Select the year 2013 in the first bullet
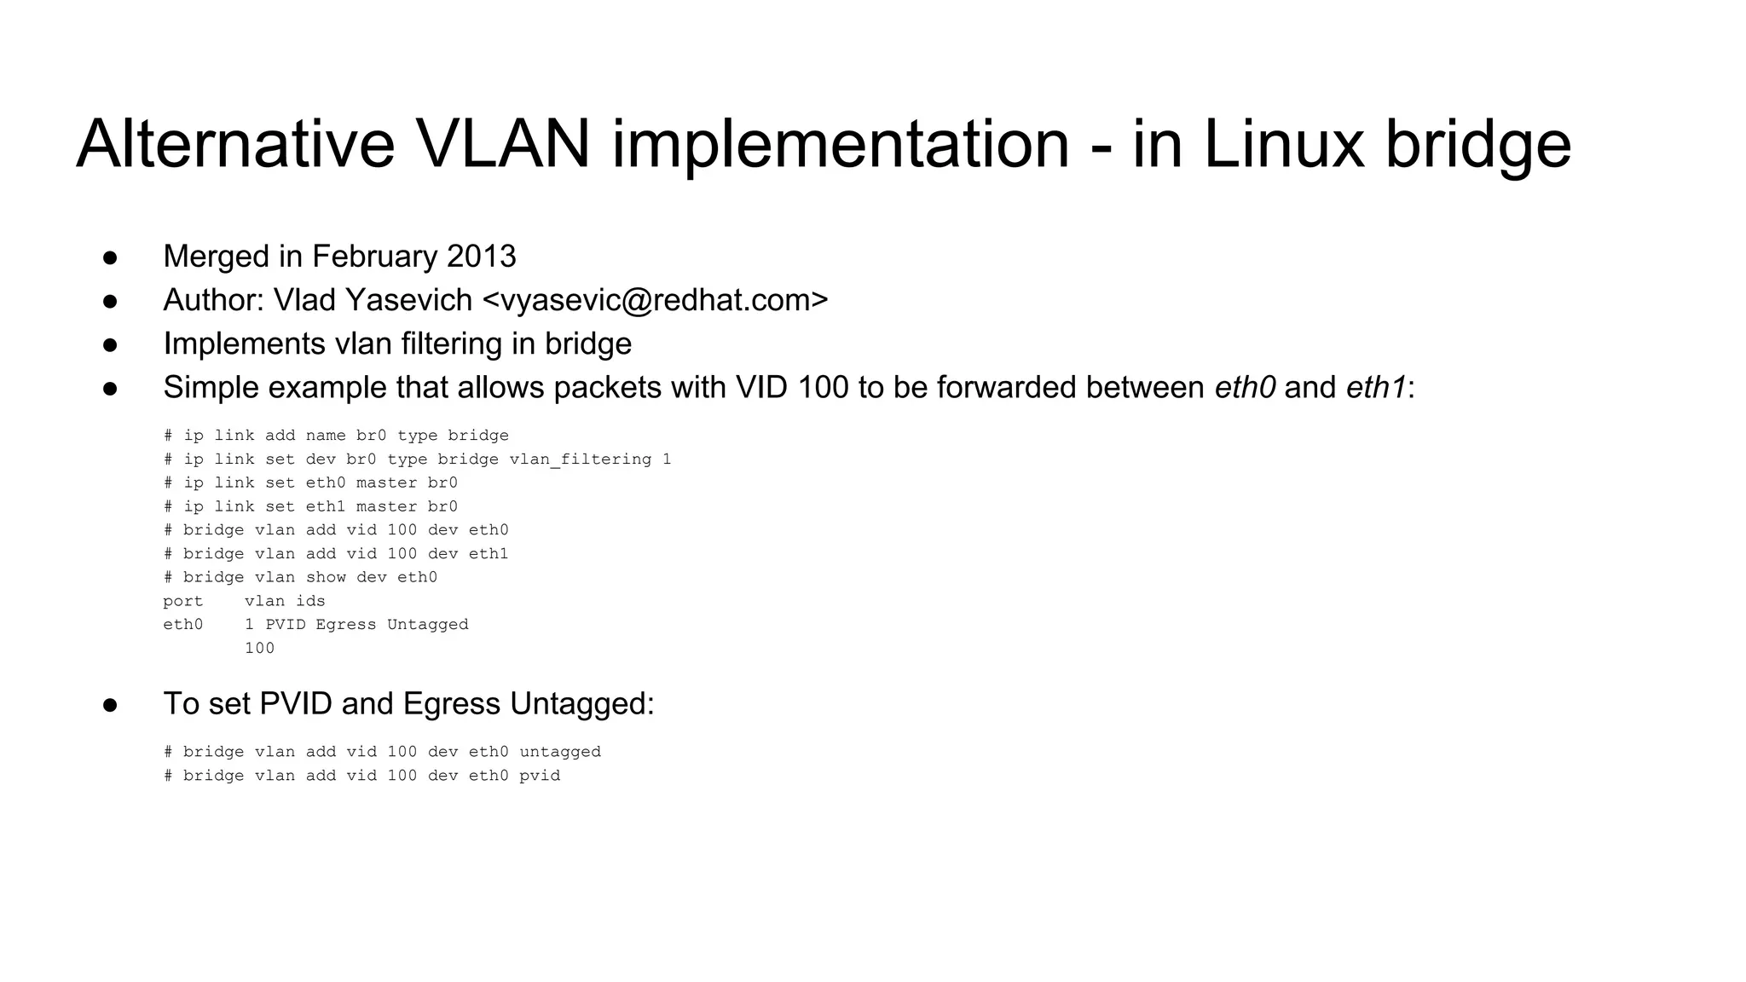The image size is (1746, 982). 482,257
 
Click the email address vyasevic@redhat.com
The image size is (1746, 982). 655,300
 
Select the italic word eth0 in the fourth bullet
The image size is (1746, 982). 1245,387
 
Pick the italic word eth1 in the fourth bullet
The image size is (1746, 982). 1376,387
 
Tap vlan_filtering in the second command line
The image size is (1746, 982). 581,459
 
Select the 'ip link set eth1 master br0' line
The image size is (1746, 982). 310,506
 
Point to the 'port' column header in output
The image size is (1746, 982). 183,601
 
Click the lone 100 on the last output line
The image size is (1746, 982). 259,648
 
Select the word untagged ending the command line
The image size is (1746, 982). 560,752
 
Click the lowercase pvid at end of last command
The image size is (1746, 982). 540,776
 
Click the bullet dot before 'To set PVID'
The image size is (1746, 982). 110,704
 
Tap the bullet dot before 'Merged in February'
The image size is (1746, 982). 110,257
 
